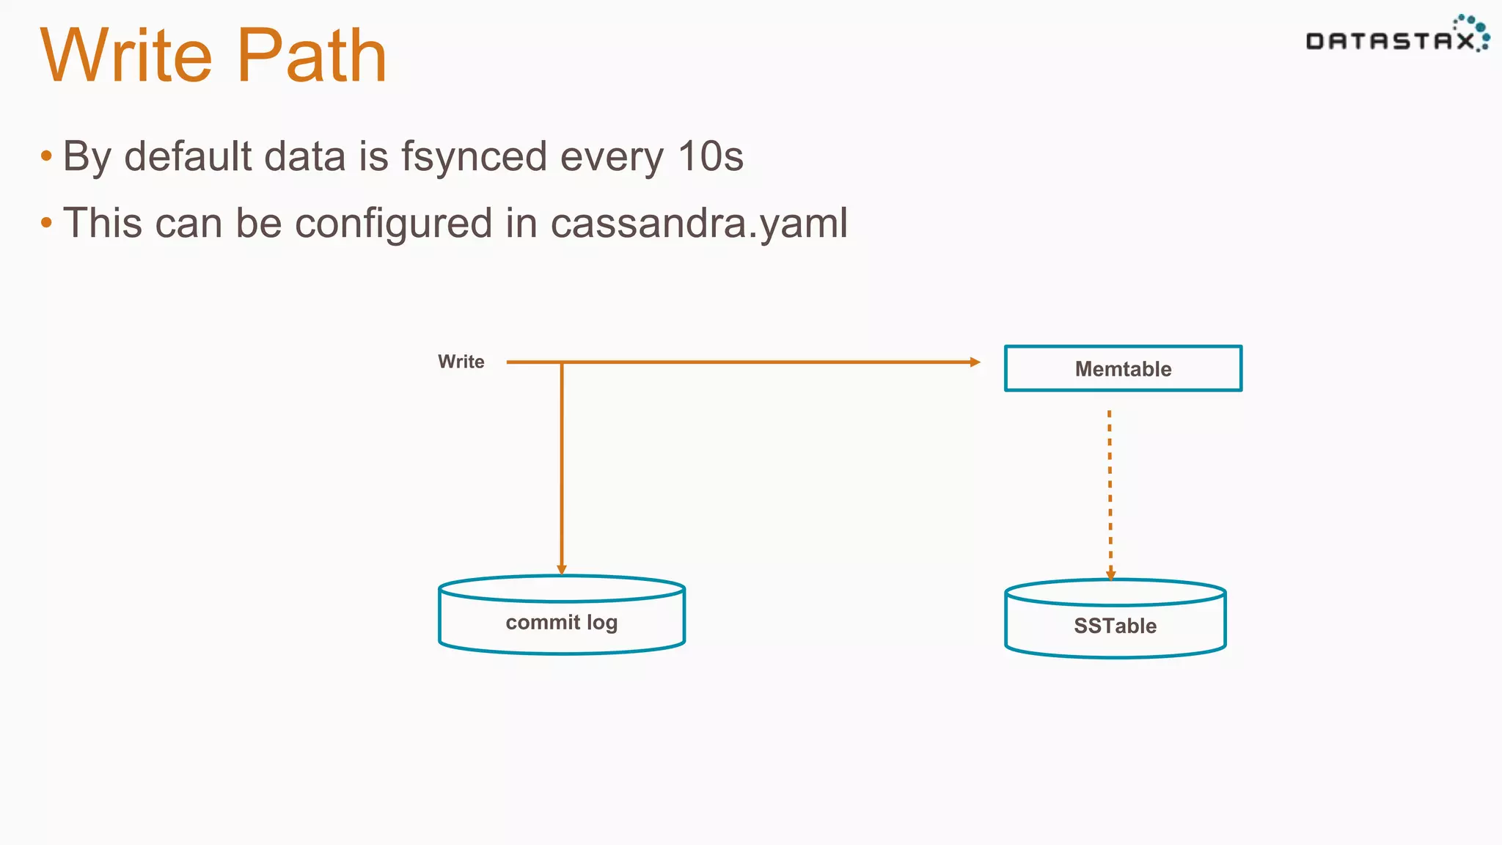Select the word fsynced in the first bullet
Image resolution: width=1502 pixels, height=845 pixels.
click(474, 156)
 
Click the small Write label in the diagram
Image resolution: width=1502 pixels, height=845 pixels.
click(461, 362)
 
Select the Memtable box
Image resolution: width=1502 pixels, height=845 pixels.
click(1123, 368)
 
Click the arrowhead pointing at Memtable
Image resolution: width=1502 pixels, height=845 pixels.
click(975, 362)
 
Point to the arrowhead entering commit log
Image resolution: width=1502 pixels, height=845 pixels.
click(562, 569)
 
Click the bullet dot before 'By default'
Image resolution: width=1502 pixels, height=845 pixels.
click(47, 156)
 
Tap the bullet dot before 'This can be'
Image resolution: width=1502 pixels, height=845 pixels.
click(47, 222)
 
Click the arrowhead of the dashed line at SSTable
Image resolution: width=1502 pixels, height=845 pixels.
click(1110, 574)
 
